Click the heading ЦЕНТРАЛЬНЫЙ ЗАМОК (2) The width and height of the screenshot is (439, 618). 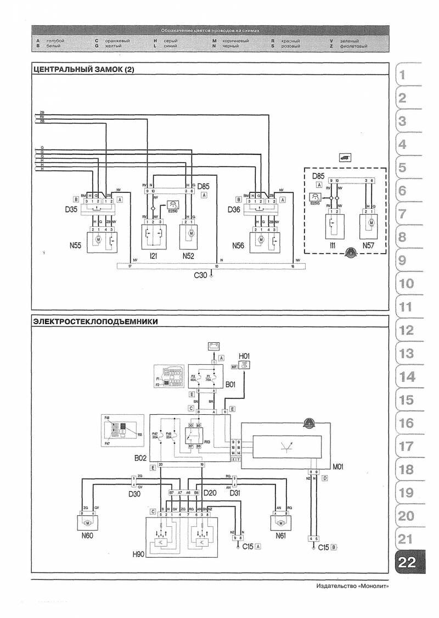tap(83, 70)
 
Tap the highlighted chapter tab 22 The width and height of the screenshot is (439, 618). tap(407, 562)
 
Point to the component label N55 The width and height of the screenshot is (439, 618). tap(76, 246)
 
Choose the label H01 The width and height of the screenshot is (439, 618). tap(243, 355)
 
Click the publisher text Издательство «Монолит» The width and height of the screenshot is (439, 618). tap(353, 587)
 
